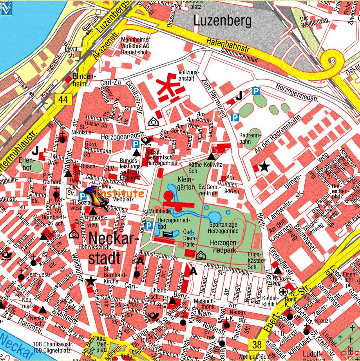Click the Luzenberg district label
(x=223, y=21)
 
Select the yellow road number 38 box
(x=257, y=344)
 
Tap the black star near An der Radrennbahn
(x=264, y=167)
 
